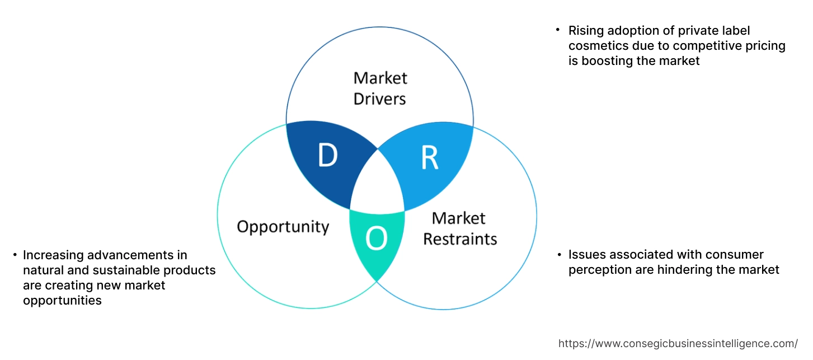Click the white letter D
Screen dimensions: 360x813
pyautogui.click(x=328, y=156)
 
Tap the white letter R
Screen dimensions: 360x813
pyautogui.click(x=429, y=158)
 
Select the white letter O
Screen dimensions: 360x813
pyautogui.click(x=376, y=240)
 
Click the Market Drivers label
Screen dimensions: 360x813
pyautogui.click(x=380, y=88)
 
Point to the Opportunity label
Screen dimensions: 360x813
pyautogui.click(x=283, y=227)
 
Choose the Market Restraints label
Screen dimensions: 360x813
pyautogui.click(x=459, y=228)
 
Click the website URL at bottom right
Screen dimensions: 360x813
pyautogui.click(x=678, y=343)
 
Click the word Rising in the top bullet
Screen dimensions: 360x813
pyautogui.click(x=585, y=30)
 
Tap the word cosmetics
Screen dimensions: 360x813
pyautogui.click(x=595, y=46)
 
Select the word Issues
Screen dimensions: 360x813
pyautogui.click(x=585, y=255)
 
